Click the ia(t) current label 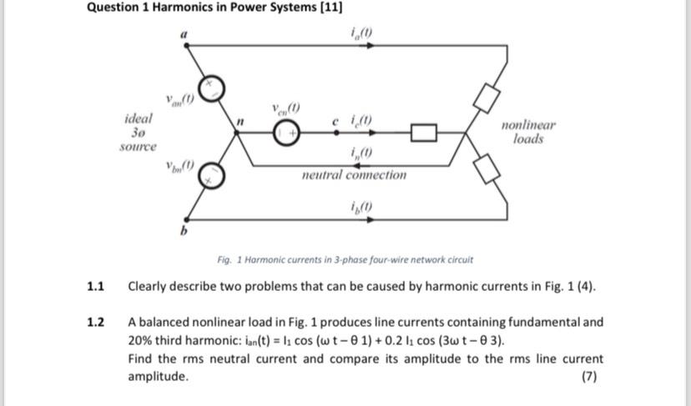[x=362, y=33]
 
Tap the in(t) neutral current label [x=362, y=153]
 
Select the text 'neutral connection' [x=354, y=175]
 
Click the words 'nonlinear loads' [x=528, y=132]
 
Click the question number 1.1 [x=95, y=287]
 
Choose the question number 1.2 [x=95, y=323]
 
